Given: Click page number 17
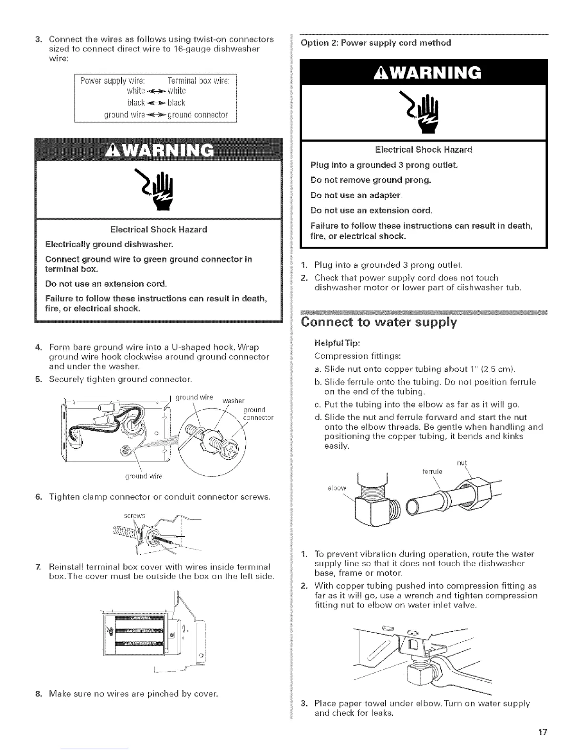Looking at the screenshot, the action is point(543,732).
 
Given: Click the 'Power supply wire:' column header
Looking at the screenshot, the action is point(111,79).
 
